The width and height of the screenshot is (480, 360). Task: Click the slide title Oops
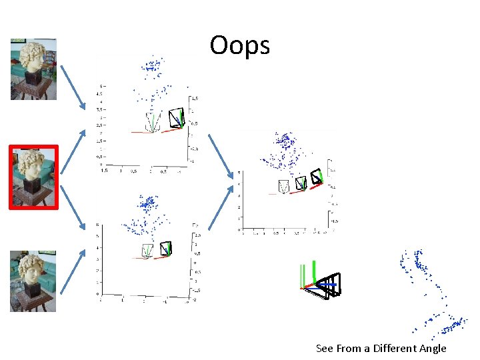239,46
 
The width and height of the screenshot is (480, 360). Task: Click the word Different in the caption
398,348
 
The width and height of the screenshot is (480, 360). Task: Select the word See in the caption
325,348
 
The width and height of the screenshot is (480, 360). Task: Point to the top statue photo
33,69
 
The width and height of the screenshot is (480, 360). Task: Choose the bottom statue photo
33,281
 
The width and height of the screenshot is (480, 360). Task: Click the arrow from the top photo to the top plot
73,85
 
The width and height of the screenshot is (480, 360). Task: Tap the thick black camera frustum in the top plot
177,118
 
